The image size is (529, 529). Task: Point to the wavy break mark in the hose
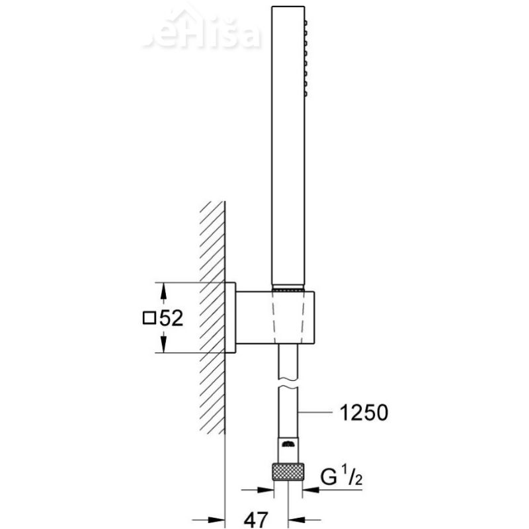coord(288,383)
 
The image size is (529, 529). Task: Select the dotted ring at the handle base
coord(288,289)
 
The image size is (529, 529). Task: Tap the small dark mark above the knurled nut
coord(288,444)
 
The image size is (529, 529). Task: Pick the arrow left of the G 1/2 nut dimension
coord(264,491)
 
